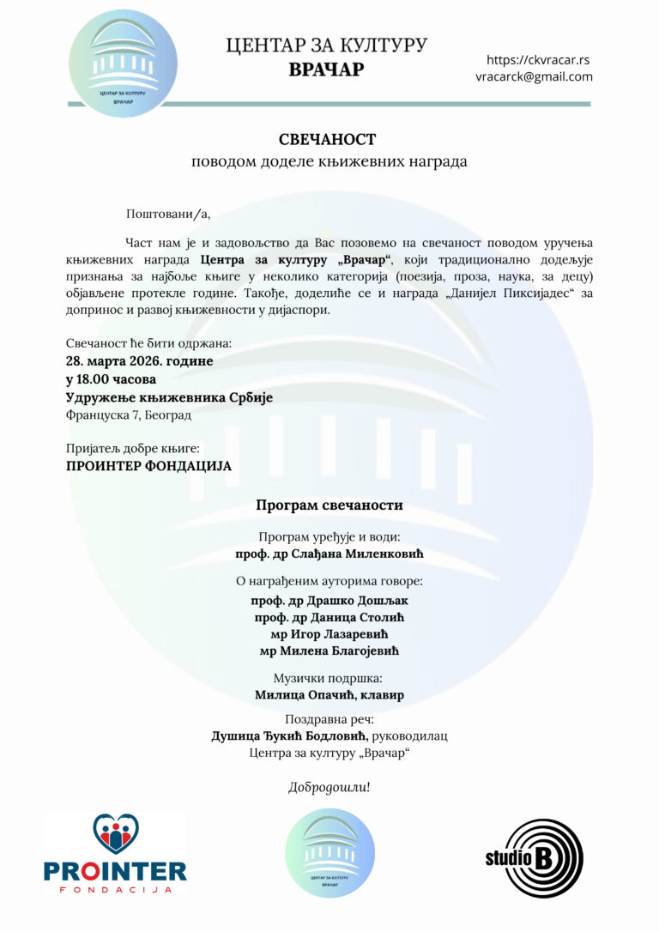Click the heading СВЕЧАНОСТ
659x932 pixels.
pos(327,139)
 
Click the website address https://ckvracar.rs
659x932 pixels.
pos(537,60)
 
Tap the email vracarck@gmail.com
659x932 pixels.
pos(534,76)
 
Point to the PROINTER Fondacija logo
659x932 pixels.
pos(116,855)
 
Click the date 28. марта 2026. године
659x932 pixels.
pos(140,361)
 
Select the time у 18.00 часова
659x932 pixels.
pos(111,379)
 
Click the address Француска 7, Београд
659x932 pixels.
pos(129,415)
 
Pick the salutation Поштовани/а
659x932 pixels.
pos(167,214)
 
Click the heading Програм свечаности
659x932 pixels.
pos(329,505)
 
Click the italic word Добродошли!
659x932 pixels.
pos(329,787)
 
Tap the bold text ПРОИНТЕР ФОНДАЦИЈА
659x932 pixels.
pos(148,466)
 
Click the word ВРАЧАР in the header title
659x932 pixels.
pos(326,70)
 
